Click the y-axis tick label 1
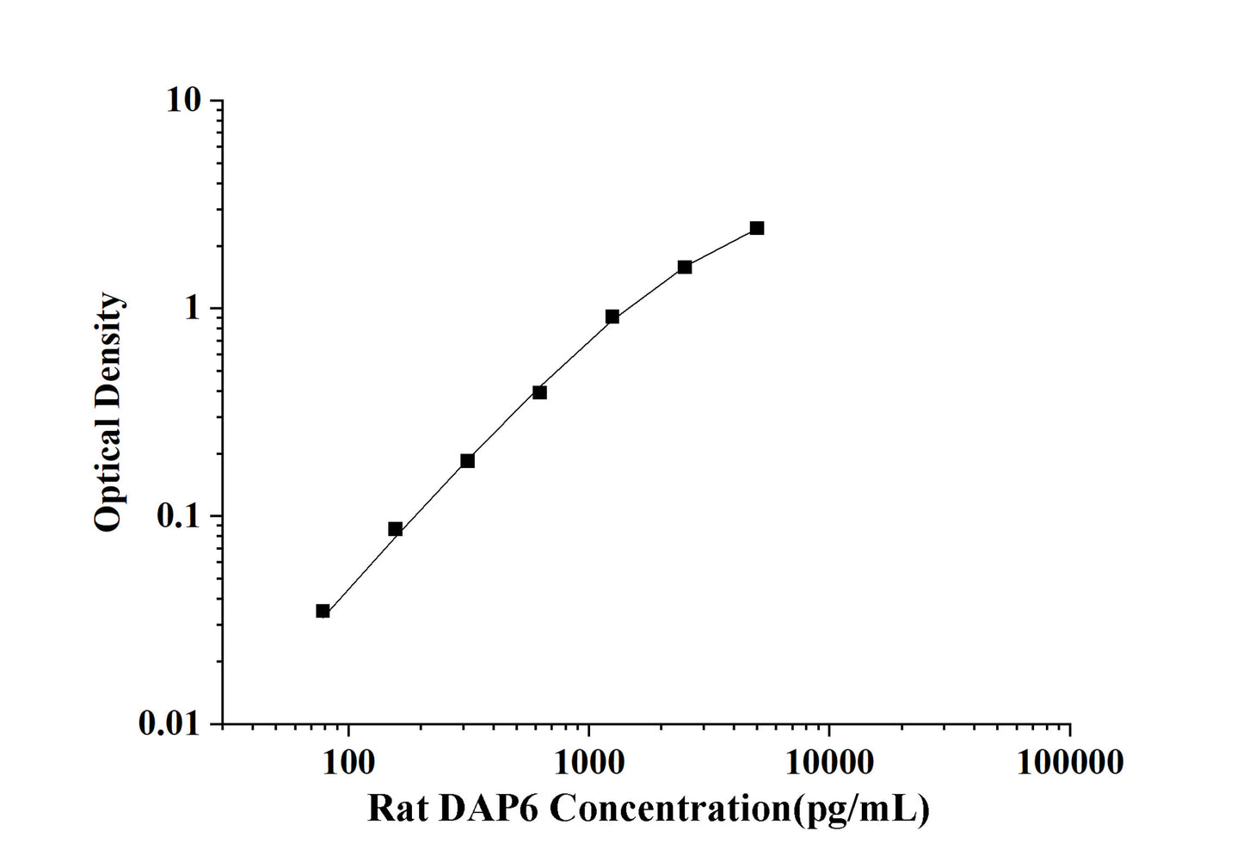pyautogui.click(x=192, y=308)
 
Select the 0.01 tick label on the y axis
pyautogui.click(x=169, y=724)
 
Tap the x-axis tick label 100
pyautogui.click(x=348, y=760)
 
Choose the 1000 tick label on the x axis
pyautogui.click(x=588, y=760)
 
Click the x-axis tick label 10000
pyautogui.click(x=828, y=760)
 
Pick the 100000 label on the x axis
pyautogui.click(x=1069, y=760)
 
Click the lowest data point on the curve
pyautogui.click(x=323, y=611)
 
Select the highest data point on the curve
pyautogui.click(x=756, y=228)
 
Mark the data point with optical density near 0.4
pyautogui.click(x=539, y=392)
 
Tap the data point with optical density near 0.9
pyautogui.click(x=612, y=317)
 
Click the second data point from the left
pyautogui.click(x=395, y=529)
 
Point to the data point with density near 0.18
pyautogui.click(x=467, y=461)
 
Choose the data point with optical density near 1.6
pyautogui.click(x=684, y=267)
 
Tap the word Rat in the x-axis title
pyautogui.click(x=397, y=809)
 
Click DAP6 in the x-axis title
pyautogui.click(x=487, y=809)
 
